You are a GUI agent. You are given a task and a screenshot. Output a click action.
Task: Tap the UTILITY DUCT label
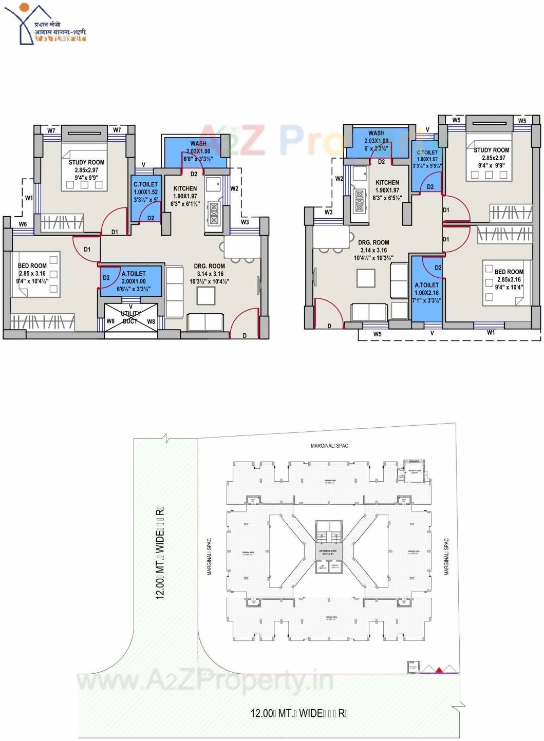click(x=130, y=317)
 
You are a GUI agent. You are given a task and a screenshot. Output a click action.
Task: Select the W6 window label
click(x=23, y=224)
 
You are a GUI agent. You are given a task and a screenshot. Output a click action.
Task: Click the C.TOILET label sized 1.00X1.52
click(x=146, y=184)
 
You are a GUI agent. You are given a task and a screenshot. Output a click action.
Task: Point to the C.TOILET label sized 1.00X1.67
click(x=427, y=153)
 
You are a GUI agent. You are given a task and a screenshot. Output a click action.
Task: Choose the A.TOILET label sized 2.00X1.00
click(x=134, y=274)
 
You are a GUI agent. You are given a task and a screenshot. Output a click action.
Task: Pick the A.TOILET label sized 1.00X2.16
click(x=427, y=285)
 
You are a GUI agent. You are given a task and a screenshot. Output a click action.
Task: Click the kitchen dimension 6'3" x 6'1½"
click(x=185, y=204)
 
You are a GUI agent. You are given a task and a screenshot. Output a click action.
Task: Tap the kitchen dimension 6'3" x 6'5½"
click(x=387, y=198)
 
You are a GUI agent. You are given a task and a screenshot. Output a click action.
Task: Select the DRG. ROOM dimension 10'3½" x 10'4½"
click(x=209, y=281)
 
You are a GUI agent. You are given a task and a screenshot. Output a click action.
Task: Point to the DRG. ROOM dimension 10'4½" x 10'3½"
click(x=373, y=258)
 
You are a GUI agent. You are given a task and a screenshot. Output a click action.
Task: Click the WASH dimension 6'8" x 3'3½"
click(x=198, y=159)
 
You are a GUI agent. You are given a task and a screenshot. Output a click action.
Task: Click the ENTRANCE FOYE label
click(x=327, y=550)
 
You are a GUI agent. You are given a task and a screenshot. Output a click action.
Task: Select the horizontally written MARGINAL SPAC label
click(x=329, y=446)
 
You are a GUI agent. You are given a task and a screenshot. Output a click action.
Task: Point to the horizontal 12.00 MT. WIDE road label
click(x=299, y=713)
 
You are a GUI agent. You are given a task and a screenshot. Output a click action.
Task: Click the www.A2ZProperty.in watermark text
click(x=205, y=681)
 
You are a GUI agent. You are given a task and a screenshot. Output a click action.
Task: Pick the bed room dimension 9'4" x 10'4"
click(x=509, y=287)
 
